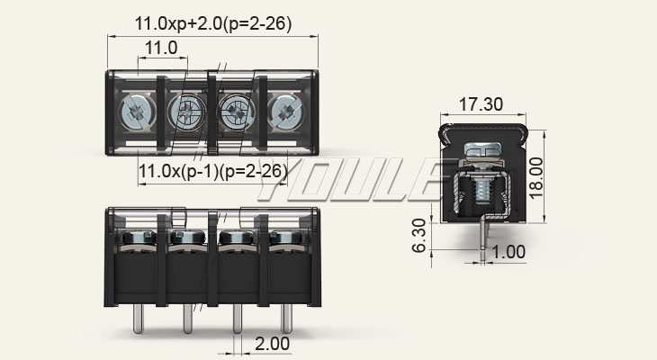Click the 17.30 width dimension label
(x=481, y=104)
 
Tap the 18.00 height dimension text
(x=535, y=178)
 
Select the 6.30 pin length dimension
(x=419, y=236)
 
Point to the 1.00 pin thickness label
(x=508, y=252)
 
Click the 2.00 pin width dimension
(x=273, y=344)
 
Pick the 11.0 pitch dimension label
(x=161, y=48)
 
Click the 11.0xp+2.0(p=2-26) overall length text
(x=213, y=23)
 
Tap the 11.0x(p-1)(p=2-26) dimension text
(x=213, y=171)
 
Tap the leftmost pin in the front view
(x=139, y=319)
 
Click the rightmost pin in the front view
(x=286, y=319)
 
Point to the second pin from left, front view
(x=188, y=319)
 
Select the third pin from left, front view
(x=238, y=319)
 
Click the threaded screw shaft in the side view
(x=482, y=189)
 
